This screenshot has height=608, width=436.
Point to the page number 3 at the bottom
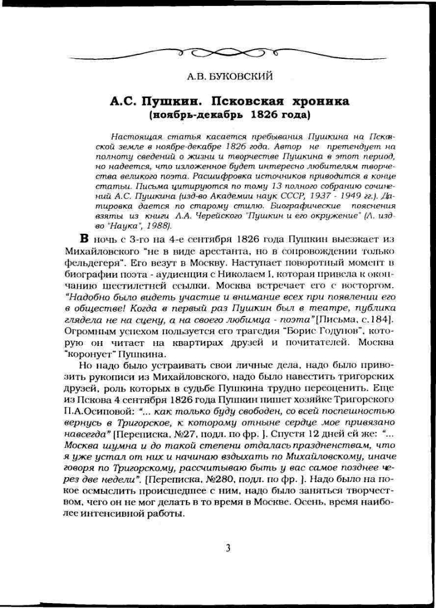coord(228,548)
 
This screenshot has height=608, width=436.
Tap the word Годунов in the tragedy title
coord(330,331)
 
